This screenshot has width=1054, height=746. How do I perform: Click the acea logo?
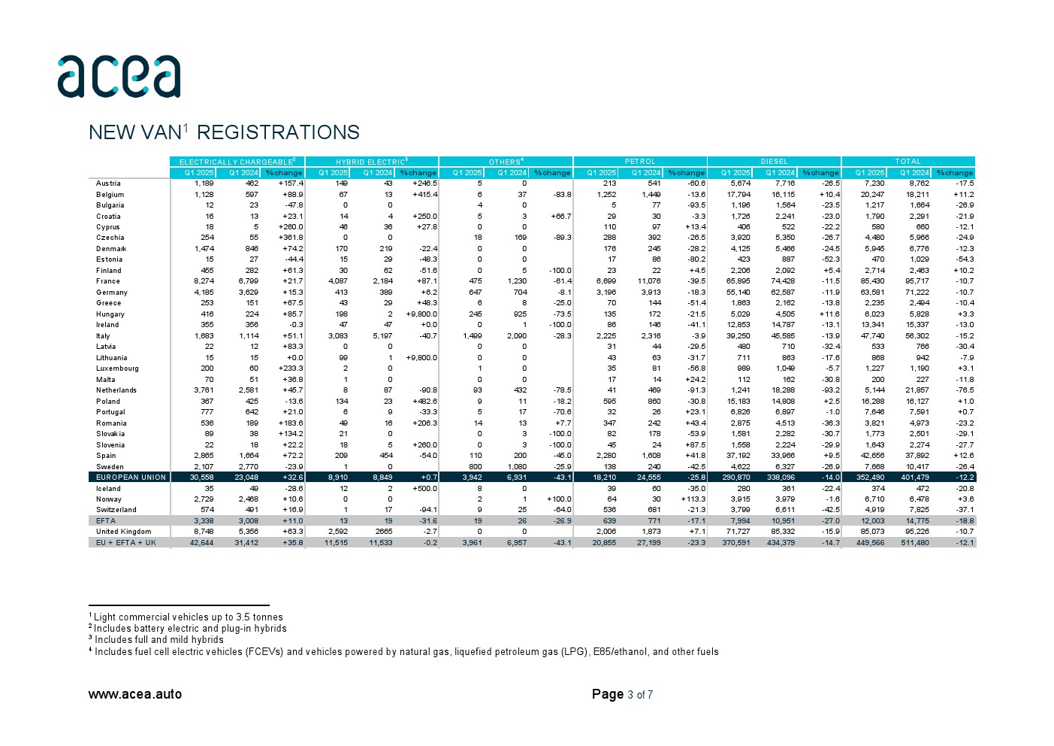(x=119, y=76)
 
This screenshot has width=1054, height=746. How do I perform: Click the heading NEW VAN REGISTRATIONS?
(x=224, y=132)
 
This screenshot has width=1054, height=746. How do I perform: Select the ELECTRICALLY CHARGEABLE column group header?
(x=237, y=162)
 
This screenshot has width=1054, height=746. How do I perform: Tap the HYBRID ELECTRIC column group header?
(x=371, y=162)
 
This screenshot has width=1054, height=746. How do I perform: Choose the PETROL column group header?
(x=640, y=162)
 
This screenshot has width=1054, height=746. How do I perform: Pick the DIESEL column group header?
(x=774, y=162)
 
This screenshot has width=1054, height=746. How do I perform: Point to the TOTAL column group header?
(x=908, y=162)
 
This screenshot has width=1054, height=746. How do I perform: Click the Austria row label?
(x=108, y=183)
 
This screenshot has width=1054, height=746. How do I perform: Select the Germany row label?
(x=112, y=293)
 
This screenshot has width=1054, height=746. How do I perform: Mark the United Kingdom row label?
(x=123, y=532)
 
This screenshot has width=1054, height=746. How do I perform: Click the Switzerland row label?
(x=116, y=510)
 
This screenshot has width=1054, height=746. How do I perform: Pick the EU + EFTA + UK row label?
(x=125, y=543)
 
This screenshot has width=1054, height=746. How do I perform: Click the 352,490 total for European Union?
(x=871, y=478)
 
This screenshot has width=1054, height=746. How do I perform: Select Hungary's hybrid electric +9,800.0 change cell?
(x=421, y=314)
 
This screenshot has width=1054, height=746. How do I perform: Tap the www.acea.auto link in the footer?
(x=135, y=694)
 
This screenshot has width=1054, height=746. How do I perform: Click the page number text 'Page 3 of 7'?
(x=622, y=694)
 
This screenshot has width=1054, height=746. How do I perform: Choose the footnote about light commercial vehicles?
(x=188, y=617)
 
